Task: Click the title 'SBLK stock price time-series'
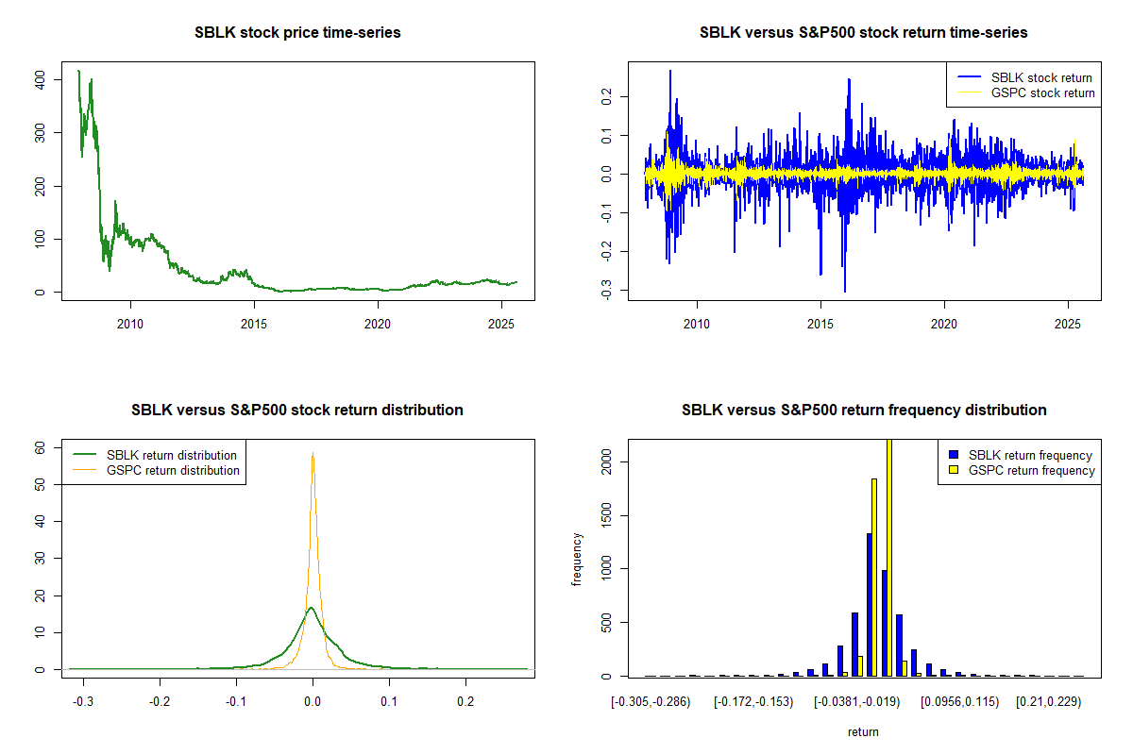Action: (x=297, y=33)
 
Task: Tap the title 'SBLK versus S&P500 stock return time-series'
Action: (x=863, y=33)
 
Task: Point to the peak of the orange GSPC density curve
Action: (x=313, y=454)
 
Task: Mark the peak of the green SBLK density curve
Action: (x=312, y=608)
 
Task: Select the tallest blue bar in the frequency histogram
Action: (x=869, y=604)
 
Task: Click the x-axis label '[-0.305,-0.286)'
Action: (x=651, y=702)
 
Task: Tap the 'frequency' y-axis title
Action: (x=577, y=559)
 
